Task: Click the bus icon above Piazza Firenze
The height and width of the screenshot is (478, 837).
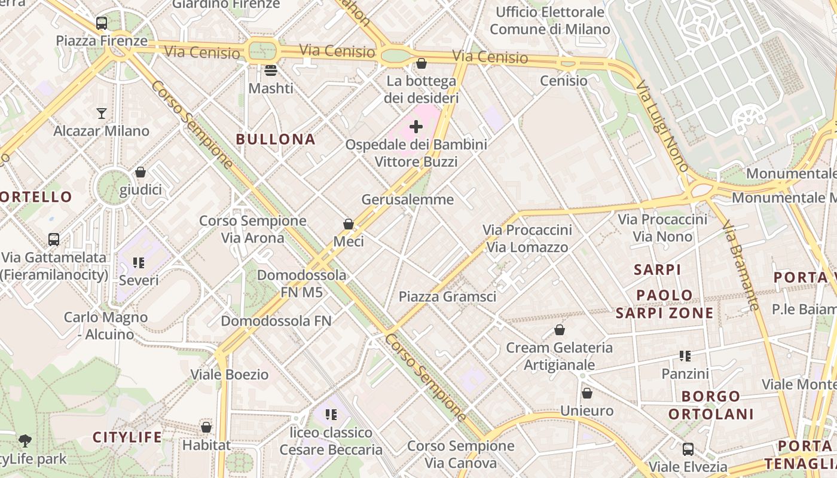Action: (102, 23)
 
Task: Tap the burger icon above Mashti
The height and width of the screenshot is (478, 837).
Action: (271, 71)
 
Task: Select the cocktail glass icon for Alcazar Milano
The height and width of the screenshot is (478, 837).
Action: (102, 113)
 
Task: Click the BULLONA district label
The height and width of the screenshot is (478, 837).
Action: (275, 139)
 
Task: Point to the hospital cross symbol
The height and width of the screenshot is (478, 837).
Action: (416, 127)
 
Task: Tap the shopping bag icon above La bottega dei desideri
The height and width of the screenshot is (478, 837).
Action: (421, 63)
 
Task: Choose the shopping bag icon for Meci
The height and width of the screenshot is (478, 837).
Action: (349, 224)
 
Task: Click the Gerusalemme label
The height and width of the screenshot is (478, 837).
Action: (408, 199)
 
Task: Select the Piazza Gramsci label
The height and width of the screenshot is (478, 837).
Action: (447, 296)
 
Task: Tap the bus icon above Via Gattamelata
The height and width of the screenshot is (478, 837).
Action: (54, 240)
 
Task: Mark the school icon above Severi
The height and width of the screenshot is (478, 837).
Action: (139, 263)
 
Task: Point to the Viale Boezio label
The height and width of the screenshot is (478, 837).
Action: (230, 375)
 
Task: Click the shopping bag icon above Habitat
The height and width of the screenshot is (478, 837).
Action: (206, 427)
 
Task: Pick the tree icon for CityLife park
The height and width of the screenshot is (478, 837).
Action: (25, 441)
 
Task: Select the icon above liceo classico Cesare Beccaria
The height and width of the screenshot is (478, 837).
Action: (331, 415)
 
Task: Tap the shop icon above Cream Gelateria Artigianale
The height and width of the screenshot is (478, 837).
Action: (560, 330)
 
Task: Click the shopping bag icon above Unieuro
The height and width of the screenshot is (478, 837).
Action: (587, 393)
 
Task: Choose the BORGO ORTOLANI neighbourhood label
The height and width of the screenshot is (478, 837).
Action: (710, 405)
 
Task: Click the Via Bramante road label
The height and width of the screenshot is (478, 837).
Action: (741, 266)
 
